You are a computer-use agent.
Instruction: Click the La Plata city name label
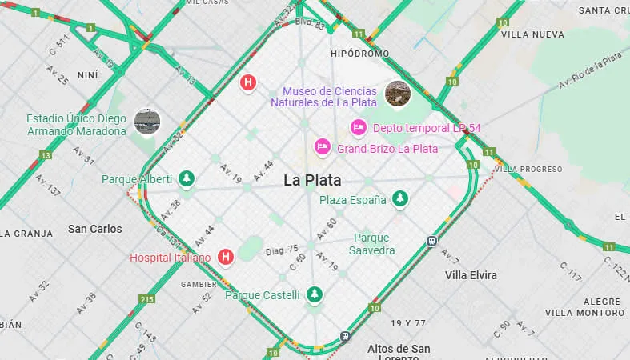(312, 180)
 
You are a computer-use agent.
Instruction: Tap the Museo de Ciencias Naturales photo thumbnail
(398, 94)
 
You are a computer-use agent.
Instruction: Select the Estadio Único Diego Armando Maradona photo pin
(147, 121)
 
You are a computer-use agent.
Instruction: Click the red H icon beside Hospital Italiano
(226, 257)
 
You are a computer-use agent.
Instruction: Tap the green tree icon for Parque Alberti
(187, 178)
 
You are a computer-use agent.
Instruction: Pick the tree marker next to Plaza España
(400, 199)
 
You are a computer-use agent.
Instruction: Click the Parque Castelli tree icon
(315, 294)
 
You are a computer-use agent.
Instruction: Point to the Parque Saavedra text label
(371, 244)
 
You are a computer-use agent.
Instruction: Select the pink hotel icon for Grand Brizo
(322, 147)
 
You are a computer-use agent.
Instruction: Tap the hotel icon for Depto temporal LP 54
(359, 127)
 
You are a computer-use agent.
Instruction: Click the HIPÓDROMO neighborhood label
(359, 54)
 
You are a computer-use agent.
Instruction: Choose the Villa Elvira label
(471, 275)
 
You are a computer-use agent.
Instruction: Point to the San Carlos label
(95, 229)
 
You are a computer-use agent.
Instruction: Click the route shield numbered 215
(146, 300)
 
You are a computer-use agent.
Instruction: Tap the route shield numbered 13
(46, 155)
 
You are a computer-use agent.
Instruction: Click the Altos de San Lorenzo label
(399, 354)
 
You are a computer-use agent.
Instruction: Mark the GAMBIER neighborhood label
(199, 284)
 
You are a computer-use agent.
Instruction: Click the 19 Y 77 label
(408, 323)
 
